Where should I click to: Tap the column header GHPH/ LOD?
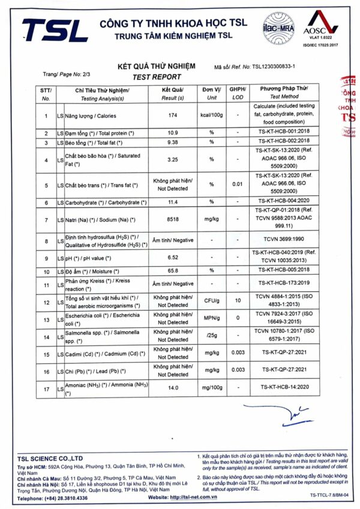(238, 93)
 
